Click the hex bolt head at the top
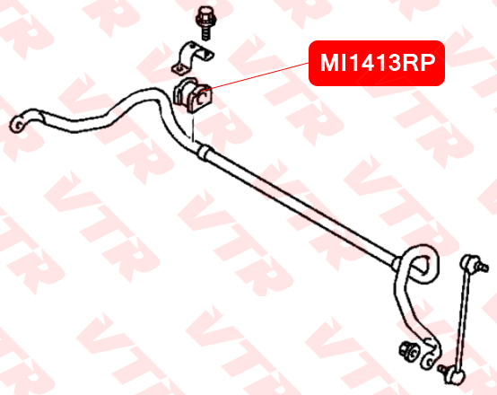point(205,17)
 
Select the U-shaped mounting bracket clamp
point(192,58)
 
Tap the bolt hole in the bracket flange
point(179,68)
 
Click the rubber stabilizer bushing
point(193,95)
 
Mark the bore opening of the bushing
point(201,98)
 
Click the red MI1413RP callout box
point(377,63)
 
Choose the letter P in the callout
point(427,63)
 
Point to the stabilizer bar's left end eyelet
point(18,125)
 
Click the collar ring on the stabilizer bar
point(202,153)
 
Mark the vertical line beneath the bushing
point(192,128)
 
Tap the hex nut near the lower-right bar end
point(409,352)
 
